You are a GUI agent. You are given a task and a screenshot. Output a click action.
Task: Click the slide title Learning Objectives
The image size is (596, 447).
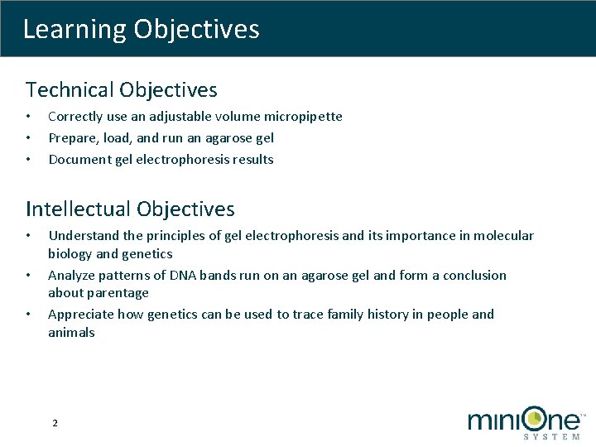click(x=141, y=30)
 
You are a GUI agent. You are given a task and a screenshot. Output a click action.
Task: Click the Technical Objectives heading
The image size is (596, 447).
click(x=122, y=89)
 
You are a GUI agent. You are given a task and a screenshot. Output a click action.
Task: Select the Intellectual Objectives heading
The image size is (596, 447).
click(x=130, y=209)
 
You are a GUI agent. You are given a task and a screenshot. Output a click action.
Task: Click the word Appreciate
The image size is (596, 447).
click(x=81, y=315)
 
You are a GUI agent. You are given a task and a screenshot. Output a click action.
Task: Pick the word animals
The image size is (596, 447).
click(x=71, y=333)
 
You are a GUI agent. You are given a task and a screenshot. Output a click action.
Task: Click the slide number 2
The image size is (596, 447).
click(x=55, y=423)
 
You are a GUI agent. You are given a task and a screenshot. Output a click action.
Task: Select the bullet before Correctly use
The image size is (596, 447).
click(x=28, y=117)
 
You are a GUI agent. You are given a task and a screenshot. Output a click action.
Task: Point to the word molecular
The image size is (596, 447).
click(x=503, y=236)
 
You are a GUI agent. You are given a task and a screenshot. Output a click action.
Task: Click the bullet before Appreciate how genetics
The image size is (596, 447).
click(x=28, y=315)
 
